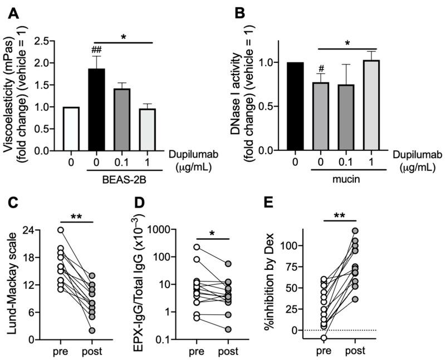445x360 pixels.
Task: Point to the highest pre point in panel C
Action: [x=60, y=230]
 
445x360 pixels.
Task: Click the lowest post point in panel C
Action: [x=92, y=331]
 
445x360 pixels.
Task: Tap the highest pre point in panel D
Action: [x=197, y=247]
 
